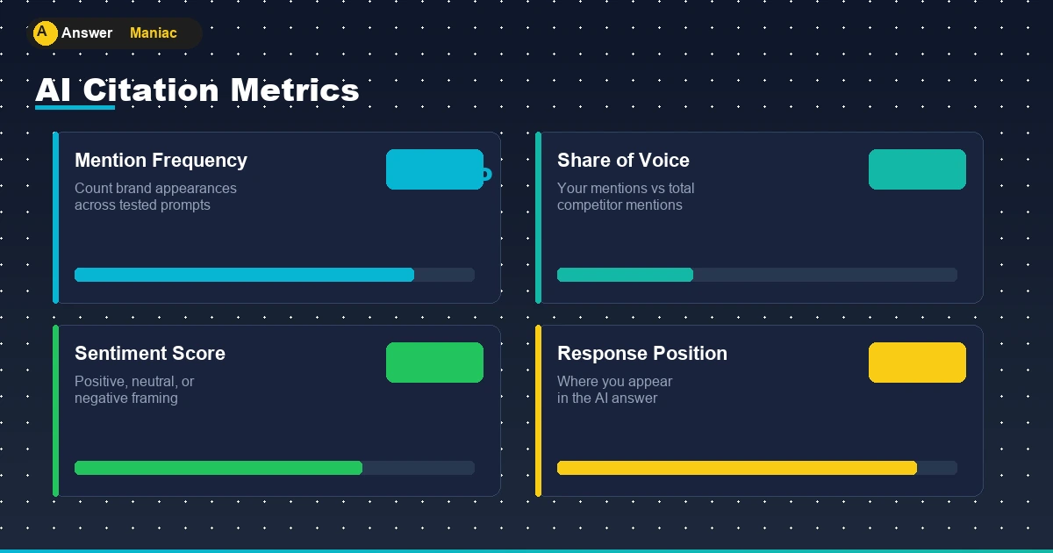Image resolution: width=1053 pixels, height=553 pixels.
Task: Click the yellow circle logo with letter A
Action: pos(45,33)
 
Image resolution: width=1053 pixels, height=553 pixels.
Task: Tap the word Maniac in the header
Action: pos(154,33)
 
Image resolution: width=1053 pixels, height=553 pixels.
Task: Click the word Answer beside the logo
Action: pos(87,33)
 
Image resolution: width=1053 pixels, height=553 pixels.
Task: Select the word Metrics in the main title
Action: pos(295,90)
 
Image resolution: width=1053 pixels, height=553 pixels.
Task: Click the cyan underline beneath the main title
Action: pos(75,108)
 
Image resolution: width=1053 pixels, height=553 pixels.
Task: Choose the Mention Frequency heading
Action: pos(161,161)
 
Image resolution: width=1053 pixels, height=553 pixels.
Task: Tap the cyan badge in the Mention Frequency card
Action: pos(435,169)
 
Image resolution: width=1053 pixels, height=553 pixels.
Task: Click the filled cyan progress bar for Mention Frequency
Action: pos(245,275)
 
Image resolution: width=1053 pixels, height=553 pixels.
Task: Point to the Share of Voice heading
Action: pos(623,161)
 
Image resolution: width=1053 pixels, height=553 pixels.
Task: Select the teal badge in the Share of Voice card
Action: pos(917,169)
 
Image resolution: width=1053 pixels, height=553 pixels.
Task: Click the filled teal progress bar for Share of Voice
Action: pos(625,275)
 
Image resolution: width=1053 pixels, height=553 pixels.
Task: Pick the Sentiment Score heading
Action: pos(150,353)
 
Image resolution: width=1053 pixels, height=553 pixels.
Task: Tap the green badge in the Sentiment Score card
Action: pos(435,363)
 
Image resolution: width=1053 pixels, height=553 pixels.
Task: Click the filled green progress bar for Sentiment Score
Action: pos(218,468)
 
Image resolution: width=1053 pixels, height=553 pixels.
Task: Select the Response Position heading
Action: pos(642,353)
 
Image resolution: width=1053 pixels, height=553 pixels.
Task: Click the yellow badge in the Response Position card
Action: pos(917,363)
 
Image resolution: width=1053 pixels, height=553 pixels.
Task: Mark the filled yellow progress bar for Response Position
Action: pos(737,468)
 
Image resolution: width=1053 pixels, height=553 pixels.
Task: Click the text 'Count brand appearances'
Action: pos(155,188)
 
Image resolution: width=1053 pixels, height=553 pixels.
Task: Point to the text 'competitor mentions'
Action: pos(620,205)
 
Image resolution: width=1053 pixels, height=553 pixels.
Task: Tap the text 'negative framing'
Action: pos(126,399)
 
